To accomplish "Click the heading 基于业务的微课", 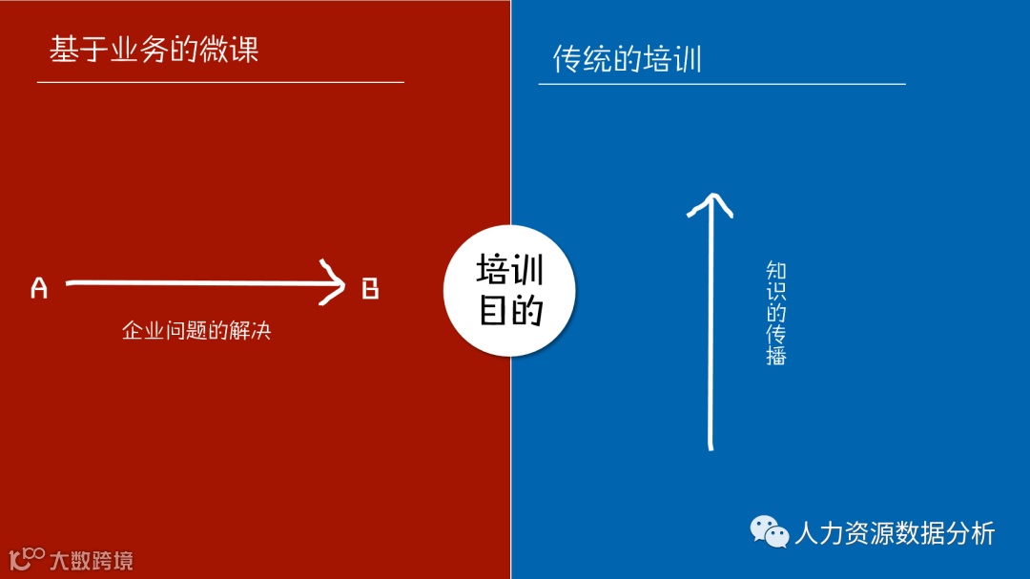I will [x=154, y=49].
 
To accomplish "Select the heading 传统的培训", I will [x=627, y=59].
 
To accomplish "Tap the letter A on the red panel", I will [x=39, y=288].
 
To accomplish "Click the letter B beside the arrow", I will [x=370, y=288].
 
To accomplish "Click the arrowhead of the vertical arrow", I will [x=710, y=201].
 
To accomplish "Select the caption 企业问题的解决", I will [x=196, y=331].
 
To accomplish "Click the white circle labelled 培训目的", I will [x=510, y=290].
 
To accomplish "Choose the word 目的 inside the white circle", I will [x=510, y=310].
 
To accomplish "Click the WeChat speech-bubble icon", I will [x=769, y=531].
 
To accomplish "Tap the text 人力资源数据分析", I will [x=895, y=532].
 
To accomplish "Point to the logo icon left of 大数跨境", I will [x=27, y=558].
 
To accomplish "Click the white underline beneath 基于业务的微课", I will [x=220, y=82].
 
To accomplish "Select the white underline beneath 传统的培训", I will [x=722, y=84].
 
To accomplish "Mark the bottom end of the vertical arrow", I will [x=711, y=445].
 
